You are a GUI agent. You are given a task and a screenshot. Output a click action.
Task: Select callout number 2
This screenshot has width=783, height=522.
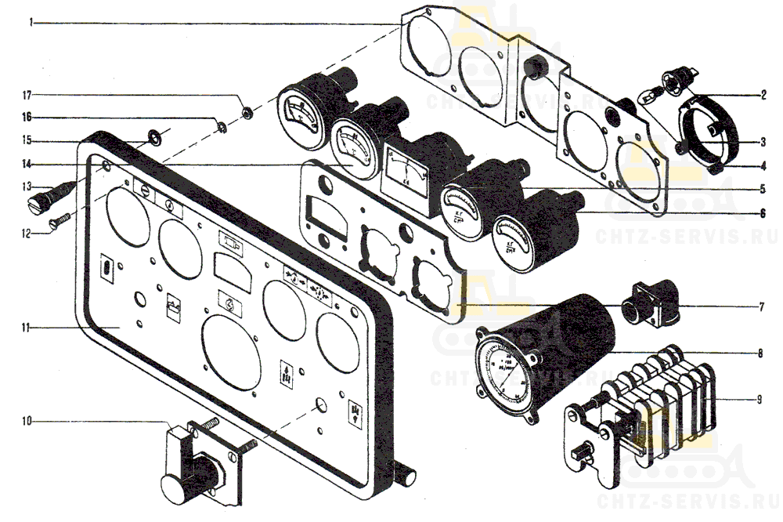click(763, 96)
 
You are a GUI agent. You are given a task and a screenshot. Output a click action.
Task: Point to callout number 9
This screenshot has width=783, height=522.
click(759, 400)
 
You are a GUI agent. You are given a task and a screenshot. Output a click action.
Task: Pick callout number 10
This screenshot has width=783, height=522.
click(27, 422)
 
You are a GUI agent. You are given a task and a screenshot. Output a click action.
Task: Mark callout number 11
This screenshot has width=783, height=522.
click(27, 327)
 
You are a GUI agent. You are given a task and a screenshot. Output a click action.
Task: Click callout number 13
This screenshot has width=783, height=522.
click(27, 187)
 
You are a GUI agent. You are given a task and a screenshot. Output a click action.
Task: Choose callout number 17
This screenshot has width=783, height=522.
click(27, 95)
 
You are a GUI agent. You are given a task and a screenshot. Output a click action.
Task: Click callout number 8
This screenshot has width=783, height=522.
click(760, 353)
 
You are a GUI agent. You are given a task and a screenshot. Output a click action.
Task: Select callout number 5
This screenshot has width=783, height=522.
click(763, 188)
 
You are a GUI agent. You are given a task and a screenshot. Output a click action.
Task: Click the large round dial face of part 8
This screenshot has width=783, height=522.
click(510, 372)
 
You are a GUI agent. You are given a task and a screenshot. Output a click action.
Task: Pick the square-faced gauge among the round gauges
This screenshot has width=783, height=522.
click(404, 177)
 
